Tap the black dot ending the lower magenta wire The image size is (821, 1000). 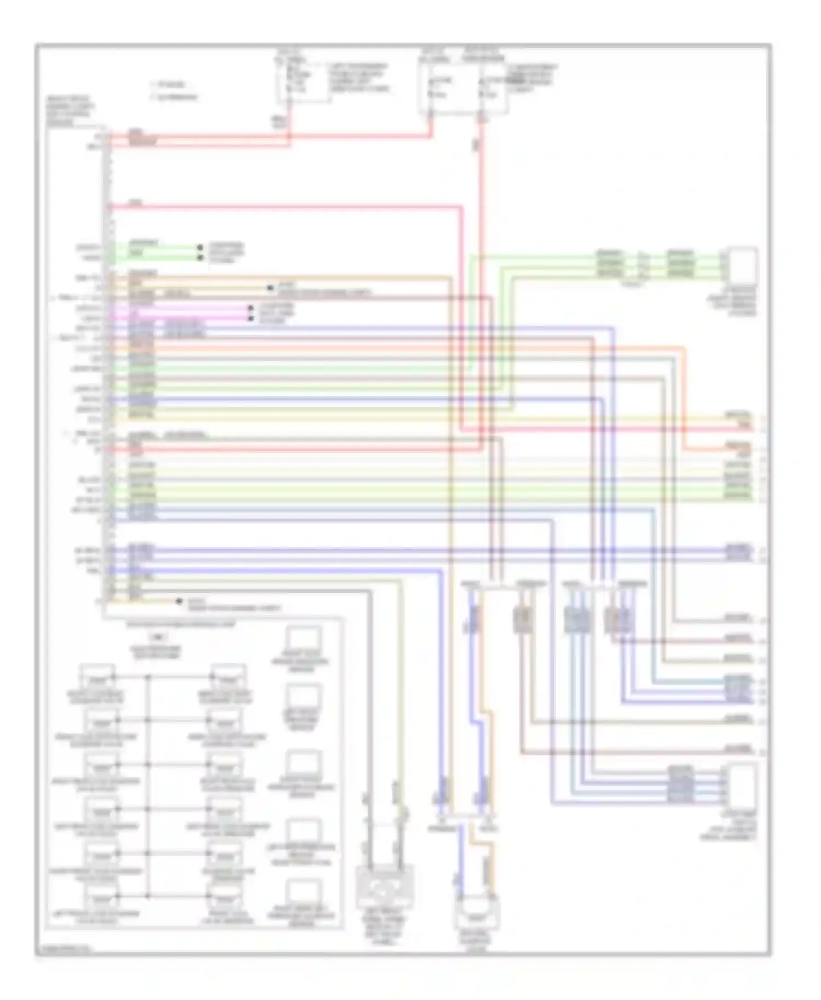[x=250, y=318]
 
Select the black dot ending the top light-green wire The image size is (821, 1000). [x=200, y=248]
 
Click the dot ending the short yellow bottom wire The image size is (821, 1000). [x=179, y=601]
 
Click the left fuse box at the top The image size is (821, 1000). [x=303, y=82]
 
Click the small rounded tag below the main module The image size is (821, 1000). [x=158, y=637]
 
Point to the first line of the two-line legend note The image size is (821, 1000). [x=167, y=85]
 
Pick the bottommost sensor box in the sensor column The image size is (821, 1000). [x=304, y=893]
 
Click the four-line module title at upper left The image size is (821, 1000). [x=70, y=112]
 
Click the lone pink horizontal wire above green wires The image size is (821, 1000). [x=285, y=207]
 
